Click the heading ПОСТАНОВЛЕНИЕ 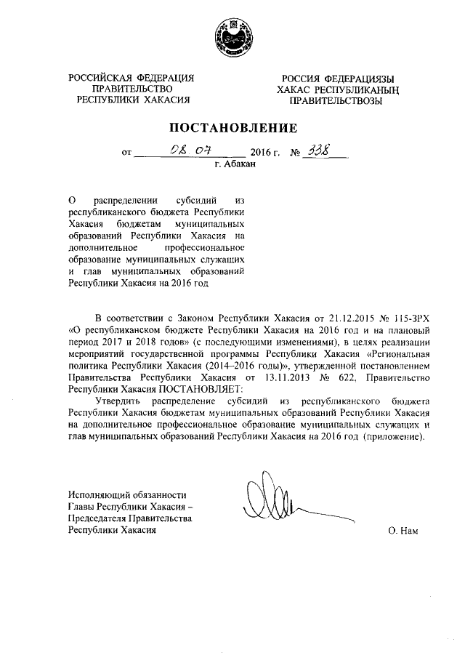pyautogui.click(x=233, y=128)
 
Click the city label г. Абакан pyautogui.click(x=235, y=165)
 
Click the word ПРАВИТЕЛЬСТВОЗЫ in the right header pyautogui.click(x=336, y=100)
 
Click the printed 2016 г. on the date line pyautogui.click(x=264, y=153)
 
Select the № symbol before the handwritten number pyautogui.click(x=295, y=153)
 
